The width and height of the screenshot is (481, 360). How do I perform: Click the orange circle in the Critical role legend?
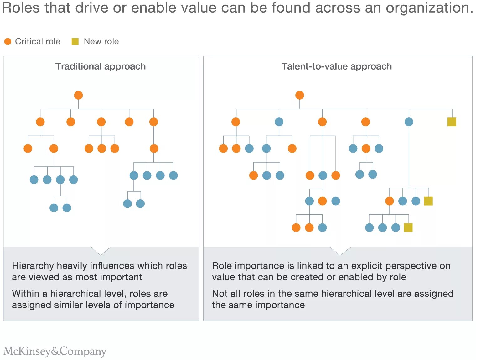click(x=8, y=41)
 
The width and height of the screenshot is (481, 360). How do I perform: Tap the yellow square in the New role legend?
click(x=75, y=41)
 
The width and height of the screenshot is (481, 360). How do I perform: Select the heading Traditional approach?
click(x=101, y=66)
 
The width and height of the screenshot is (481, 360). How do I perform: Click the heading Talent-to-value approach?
click(x=337, y=66)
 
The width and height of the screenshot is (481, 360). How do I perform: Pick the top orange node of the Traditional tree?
click(x=78, y=95)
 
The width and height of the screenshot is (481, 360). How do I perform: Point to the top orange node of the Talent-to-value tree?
click(x=300, y=95)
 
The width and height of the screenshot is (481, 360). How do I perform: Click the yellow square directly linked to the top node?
click(x=452, y=122)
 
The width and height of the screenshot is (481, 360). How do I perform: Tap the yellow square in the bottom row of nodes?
click(x=408, y=227)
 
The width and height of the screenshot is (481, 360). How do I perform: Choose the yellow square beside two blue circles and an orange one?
click(x=428, y=201)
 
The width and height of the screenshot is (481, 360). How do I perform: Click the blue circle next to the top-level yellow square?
click(x=409, y=122)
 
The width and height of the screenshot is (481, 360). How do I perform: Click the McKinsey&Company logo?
click(x=55, y=351)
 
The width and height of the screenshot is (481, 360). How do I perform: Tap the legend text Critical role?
click(x=38, y=41)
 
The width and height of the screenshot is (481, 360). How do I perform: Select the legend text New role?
click(x=101, y=41)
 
